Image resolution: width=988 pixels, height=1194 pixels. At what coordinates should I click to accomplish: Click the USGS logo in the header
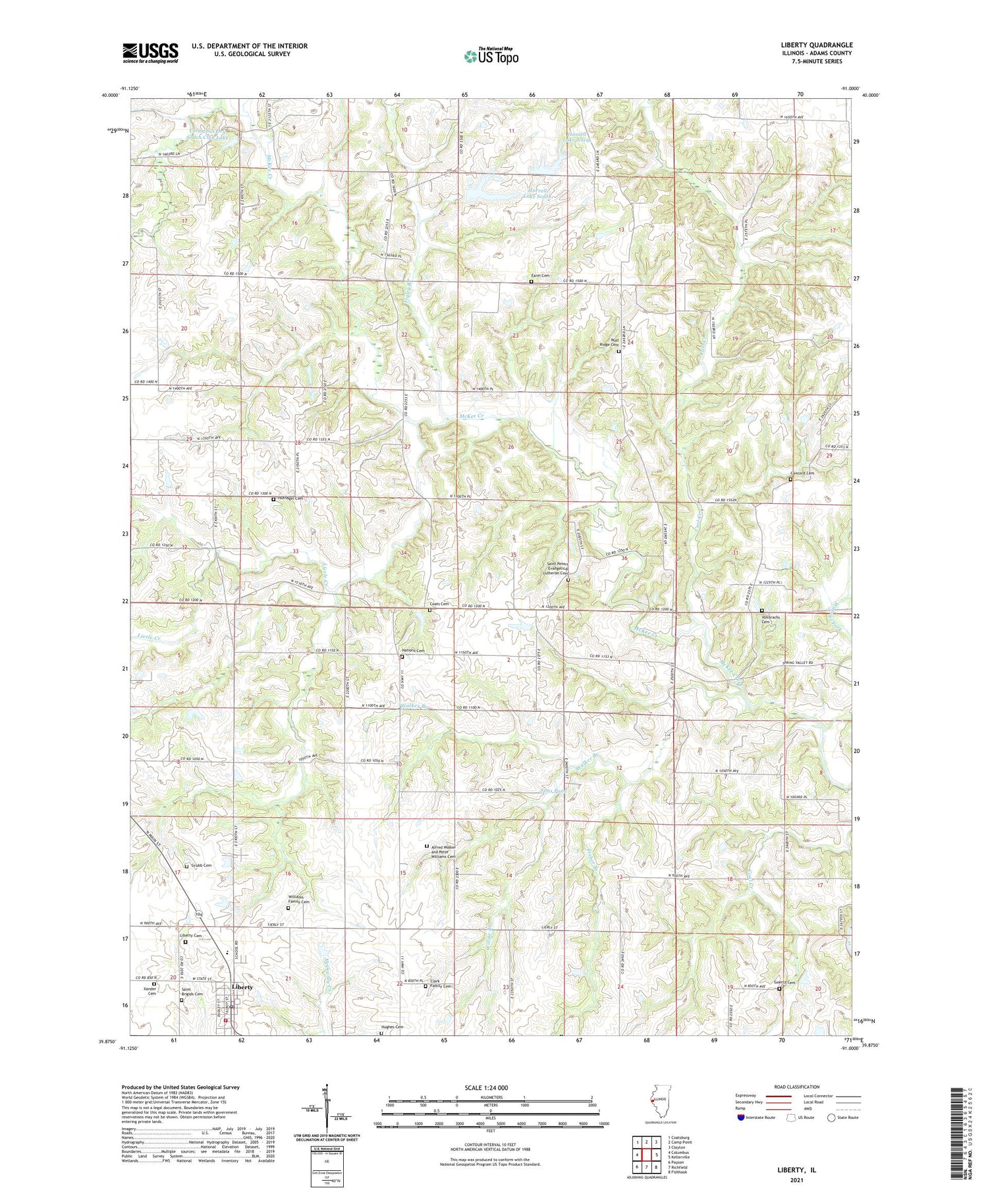point(150,53)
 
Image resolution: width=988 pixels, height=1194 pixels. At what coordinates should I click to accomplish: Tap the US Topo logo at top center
point(491,57)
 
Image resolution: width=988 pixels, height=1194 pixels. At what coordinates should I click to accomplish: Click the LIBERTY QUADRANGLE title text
point(815,45)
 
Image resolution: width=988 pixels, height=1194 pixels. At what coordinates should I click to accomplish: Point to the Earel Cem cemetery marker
point(532,282)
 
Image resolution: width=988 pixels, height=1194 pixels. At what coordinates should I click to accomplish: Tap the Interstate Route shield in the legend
point(742,1118)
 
